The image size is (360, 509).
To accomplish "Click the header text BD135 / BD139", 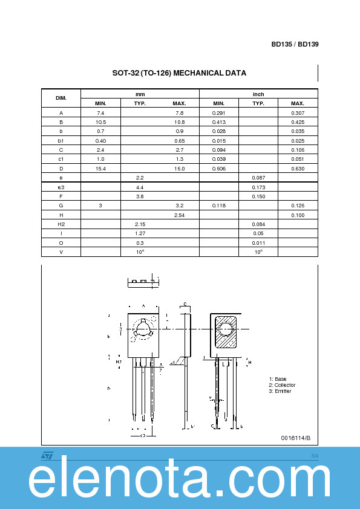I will tap(295, 45).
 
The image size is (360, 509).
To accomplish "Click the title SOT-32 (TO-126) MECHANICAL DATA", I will tap(179, 73).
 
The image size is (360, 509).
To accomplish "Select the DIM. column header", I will tap(61, 98).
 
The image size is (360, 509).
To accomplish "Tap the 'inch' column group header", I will tap(258, 94).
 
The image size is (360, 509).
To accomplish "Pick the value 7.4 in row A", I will tap(100, 113).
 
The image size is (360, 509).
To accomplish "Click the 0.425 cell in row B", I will tap(298, 122).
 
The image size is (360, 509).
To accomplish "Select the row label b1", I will tap(61, 140).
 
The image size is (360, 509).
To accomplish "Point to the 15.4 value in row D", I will tap(100, 168).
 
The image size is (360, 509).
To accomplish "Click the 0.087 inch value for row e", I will tap(258, 178).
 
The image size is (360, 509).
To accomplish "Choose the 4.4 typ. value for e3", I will tap(140, 187).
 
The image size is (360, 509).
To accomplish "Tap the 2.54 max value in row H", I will tap(179, 215).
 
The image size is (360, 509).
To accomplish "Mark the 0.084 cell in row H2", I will tap(258, 224).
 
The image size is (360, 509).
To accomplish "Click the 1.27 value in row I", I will tap(140, 233).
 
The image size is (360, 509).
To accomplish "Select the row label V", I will tap(61, 251).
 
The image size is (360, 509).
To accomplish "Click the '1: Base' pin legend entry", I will tap(278, 379).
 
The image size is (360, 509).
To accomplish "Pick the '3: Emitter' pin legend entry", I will tap(280, 391).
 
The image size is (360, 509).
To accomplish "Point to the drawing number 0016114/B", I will tap(295, 438).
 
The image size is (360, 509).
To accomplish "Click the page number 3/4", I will tap(314, 455).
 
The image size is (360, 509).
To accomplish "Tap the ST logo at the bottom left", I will tap(48, 455).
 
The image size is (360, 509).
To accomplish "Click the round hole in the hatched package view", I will tap(226, 329).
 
